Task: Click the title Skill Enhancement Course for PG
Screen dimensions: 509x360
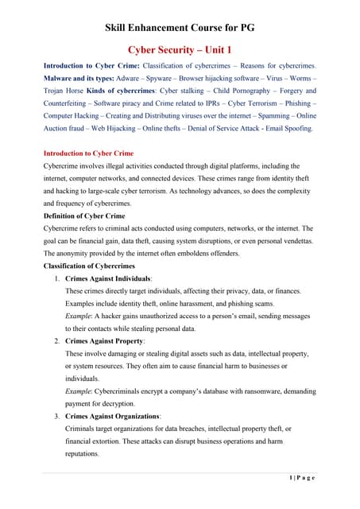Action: (179, 29)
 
